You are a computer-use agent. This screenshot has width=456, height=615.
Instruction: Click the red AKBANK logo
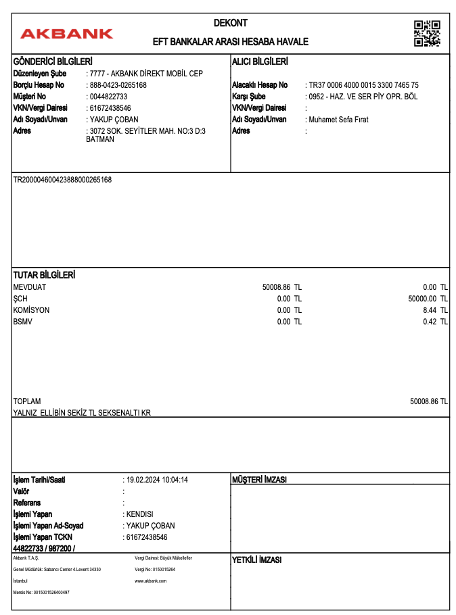66,34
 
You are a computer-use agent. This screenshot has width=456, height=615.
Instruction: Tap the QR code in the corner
427,34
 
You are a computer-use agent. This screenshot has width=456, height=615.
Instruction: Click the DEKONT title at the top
231,23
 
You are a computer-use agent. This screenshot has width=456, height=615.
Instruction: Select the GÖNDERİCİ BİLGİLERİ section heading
53,62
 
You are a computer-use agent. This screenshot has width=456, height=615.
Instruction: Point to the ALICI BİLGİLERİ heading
260,62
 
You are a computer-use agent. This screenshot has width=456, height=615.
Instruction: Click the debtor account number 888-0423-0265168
118,85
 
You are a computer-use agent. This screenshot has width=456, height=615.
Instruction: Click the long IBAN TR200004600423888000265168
62,180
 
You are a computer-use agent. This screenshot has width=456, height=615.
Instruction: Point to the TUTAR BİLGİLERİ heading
44,275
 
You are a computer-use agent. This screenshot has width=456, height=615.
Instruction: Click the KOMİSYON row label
31,310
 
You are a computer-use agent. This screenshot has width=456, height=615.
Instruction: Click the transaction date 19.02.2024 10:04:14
157,480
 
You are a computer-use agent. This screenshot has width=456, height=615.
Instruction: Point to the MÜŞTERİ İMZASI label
260,480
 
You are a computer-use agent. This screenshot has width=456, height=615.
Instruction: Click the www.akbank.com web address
150,581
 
